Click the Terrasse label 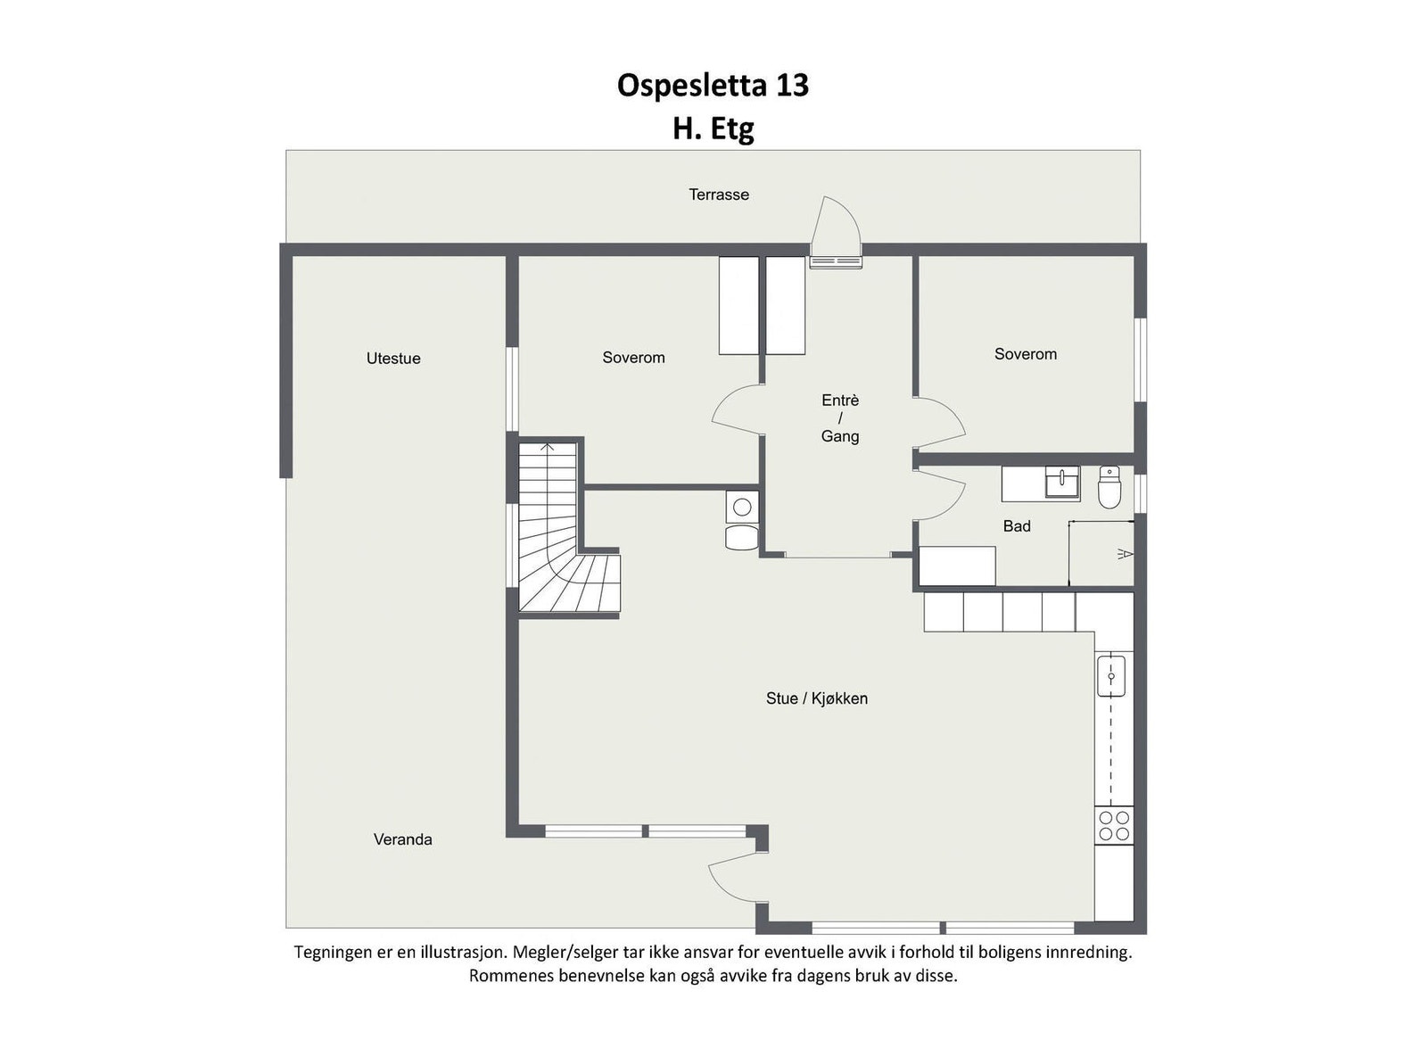(718, 194)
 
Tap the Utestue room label (393, 359)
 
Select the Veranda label (402, 839)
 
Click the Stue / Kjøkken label (816, 698)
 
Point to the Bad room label (1017, 526)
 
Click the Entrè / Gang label (840, 418)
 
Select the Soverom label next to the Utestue (633, 358)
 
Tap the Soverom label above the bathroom (1026, 354)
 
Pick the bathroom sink (1062, 483)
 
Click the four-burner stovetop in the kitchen (1114, 826)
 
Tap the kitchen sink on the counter (1111, 675)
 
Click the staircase (553, 535)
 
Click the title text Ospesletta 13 (713, 86)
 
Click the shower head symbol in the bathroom (1126, 555)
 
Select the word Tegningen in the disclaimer (334, 953)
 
